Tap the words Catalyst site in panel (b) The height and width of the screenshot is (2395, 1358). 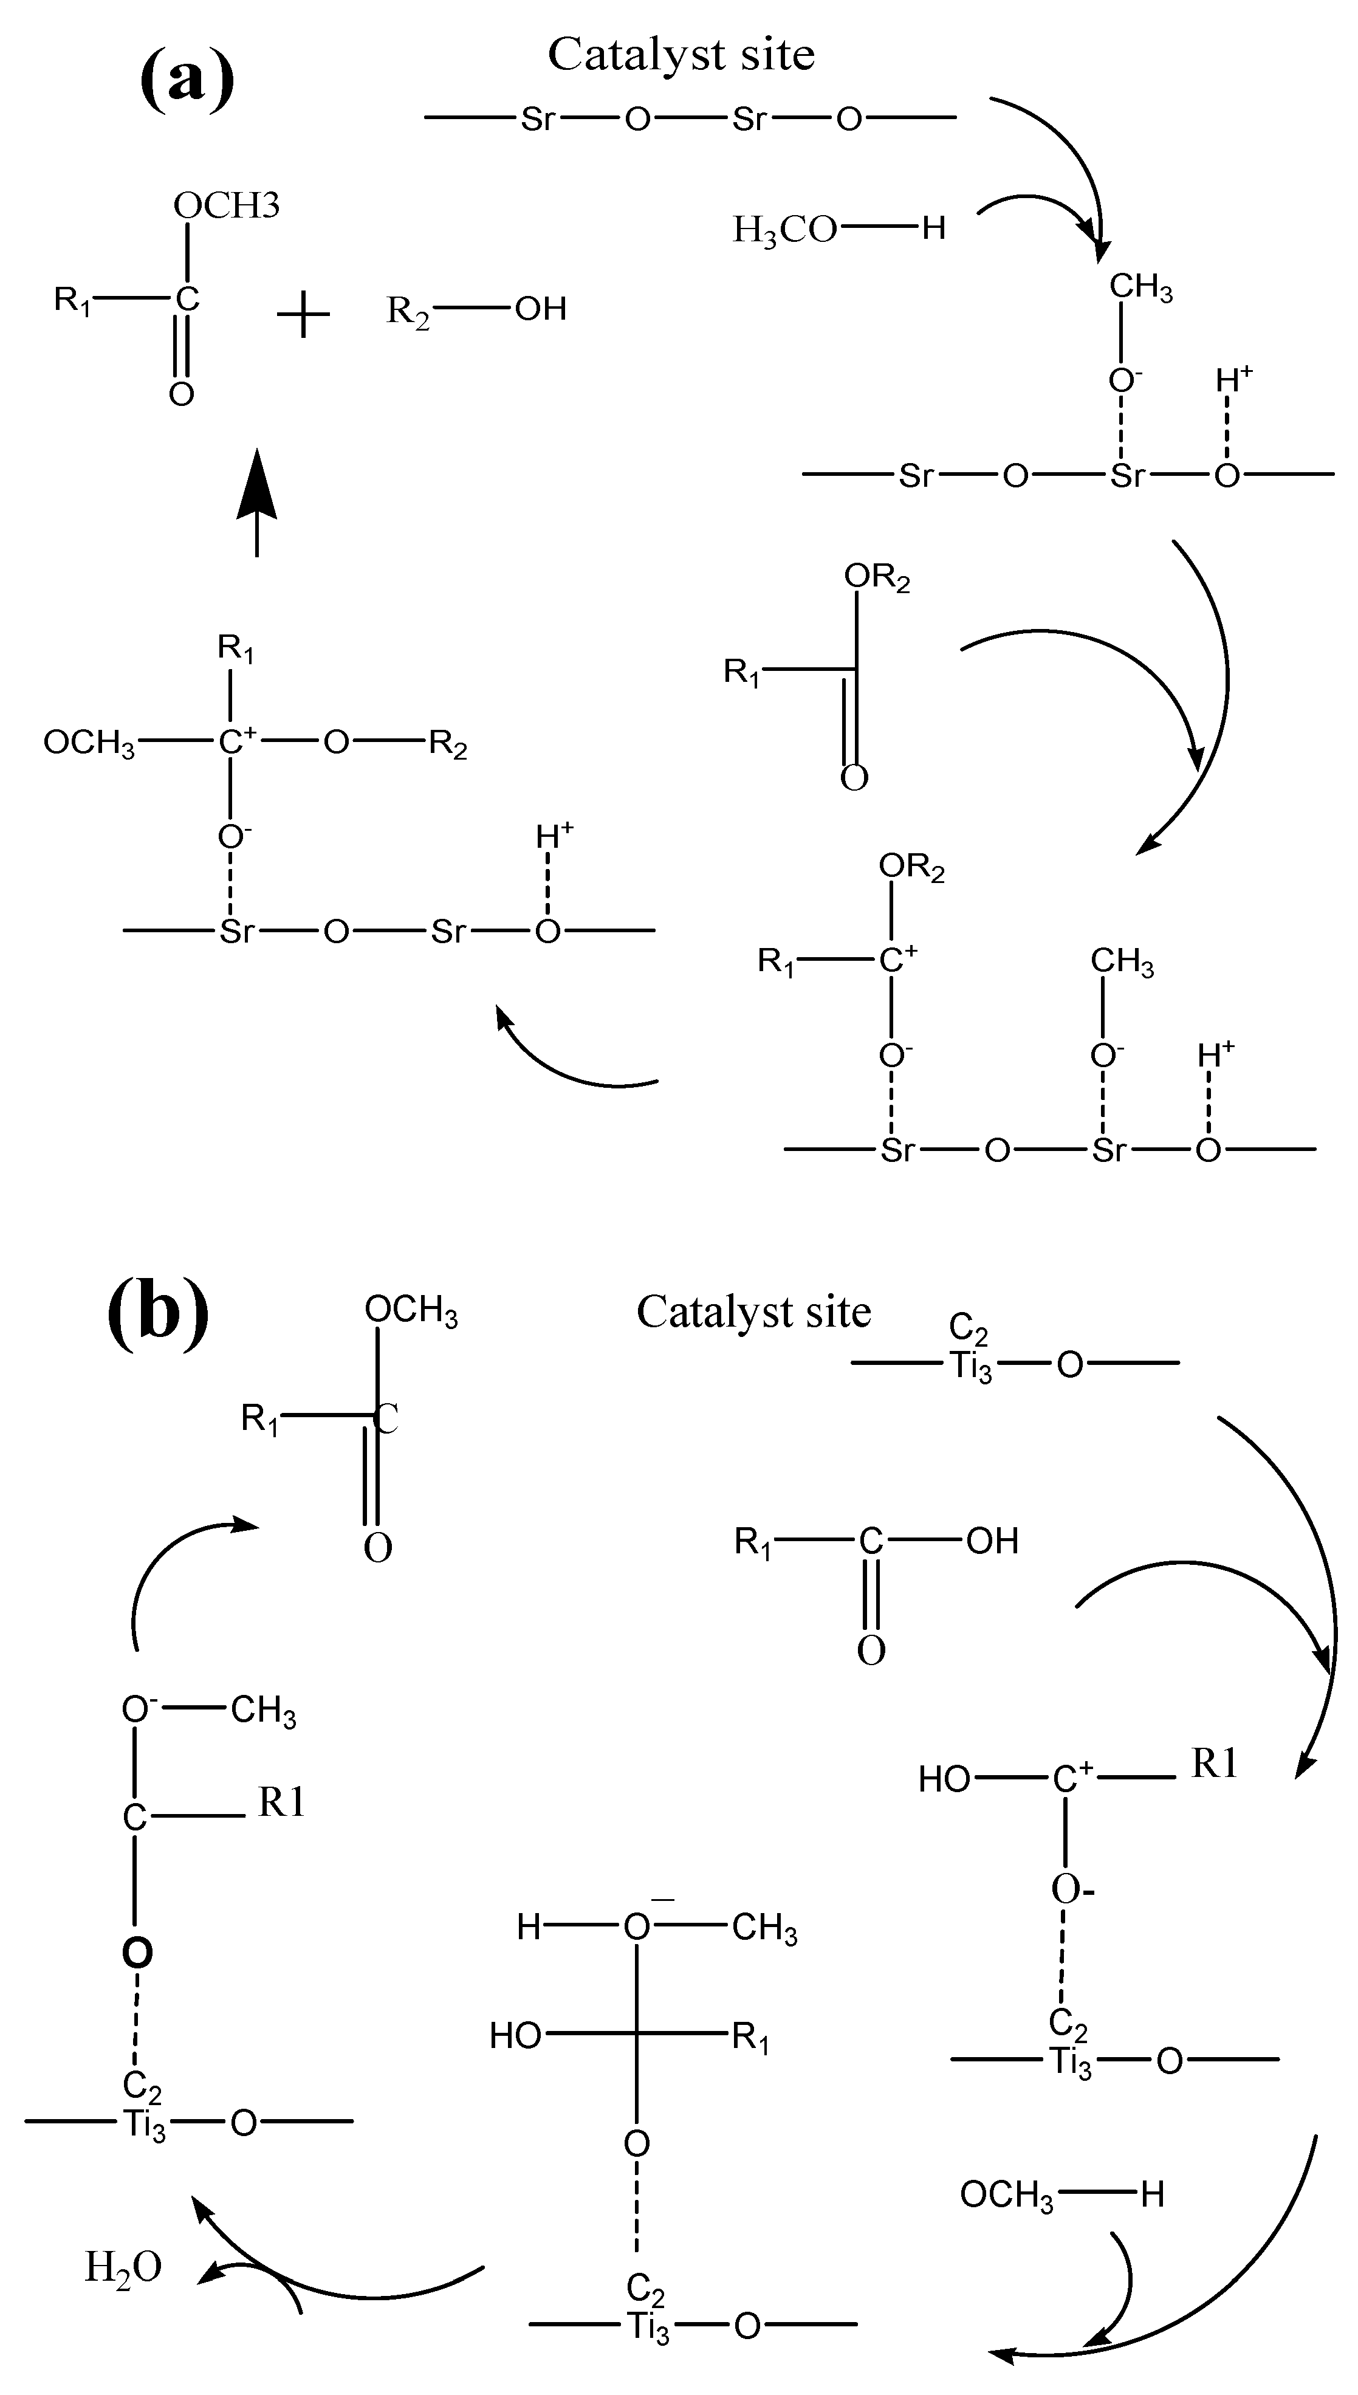(753, 1312)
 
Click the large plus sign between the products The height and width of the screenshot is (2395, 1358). (304, 315)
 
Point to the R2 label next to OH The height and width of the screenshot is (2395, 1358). (408, 311)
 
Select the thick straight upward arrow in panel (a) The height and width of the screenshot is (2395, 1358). (256, 504)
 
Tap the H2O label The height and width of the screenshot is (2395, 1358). (123, 2267)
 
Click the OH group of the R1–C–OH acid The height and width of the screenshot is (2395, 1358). (992, 1542)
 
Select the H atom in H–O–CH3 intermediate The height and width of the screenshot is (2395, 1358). (529, 1928)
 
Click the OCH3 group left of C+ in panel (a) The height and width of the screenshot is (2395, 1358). (89, 743)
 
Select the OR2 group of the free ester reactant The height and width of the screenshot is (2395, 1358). (877, 577)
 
